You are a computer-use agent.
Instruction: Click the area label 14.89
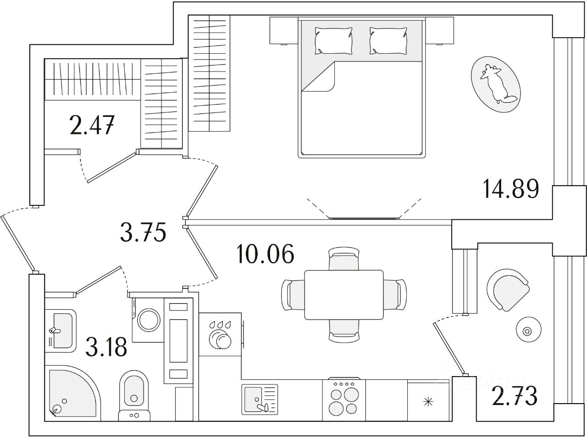point(511,189)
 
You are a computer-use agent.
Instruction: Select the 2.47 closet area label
point(92,125)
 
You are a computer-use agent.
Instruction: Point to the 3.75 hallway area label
point(142,233)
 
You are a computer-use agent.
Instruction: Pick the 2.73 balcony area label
point(515,396)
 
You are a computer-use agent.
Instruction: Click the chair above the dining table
point(344,259)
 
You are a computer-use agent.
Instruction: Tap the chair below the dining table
point(344,331)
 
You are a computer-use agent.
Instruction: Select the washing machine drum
point(148,320)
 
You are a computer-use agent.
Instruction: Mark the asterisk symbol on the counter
point(428,402)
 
